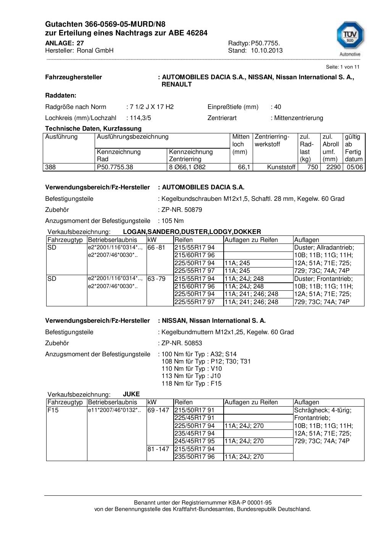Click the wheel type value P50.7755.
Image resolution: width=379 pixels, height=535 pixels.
pos(265,43)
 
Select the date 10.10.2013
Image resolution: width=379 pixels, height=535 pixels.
pos(267,50)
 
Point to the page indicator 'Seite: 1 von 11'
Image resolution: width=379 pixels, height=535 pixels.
pos(342,67)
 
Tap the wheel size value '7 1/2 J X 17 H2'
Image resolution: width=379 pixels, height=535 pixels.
pos(152,107)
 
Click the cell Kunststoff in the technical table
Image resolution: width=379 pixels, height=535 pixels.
pos(281,167)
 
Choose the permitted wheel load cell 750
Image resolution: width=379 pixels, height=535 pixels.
pos(313,167)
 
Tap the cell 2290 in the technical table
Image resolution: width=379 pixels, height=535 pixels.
pos(334,167)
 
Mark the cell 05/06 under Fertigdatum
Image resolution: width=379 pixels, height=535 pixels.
pos(355,167)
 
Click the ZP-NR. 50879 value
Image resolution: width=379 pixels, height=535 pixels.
pos(182,210)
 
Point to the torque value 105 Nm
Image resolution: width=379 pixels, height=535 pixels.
pos(173,221)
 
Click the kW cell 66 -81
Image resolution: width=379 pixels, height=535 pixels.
pos(156,247)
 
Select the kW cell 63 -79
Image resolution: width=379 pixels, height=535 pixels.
pos(156,279)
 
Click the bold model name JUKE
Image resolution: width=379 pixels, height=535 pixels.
pos(131,394)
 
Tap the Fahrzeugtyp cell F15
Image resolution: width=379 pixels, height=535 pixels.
pos(53,410)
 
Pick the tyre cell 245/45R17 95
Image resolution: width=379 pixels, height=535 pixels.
pos(194,441)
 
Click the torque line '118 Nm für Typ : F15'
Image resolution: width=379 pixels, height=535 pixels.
pos(191,383)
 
